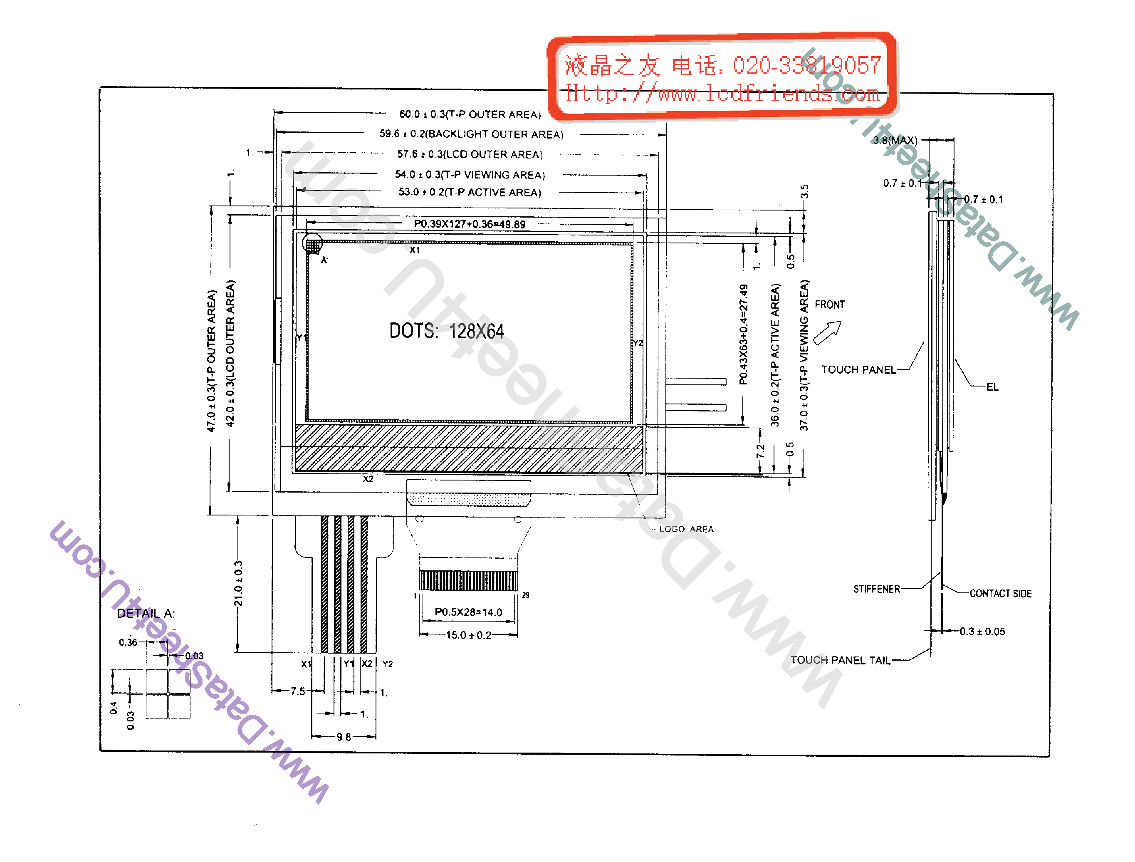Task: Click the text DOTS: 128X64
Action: [x=446, y=331]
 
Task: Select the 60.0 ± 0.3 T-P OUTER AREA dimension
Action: [x=470, y=114]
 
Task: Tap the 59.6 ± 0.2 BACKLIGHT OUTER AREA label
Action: [x=471, y=134]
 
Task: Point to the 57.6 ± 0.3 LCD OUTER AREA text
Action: [x=470, y=154]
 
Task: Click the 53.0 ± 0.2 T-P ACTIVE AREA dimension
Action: [x=470, y=192]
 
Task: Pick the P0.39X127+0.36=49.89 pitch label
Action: [x=470, y=224]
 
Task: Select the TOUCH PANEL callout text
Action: [x=858, y=370]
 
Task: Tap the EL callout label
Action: [x=992, y=387]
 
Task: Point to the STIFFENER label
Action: [x=876, y=589]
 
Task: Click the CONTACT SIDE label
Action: [x=1000, y=594]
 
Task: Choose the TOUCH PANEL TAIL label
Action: [x=840, y=660]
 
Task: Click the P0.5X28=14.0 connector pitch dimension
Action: [x=468, y=612]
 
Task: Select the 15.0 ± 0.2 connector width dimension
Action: [x=468, y=635]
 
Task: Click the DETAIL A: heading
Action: [x=146, y=614]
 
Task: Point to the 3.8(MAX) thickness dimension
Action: [x=895, y=140]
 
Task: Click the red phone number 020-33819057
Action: [x=806, y=66]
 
